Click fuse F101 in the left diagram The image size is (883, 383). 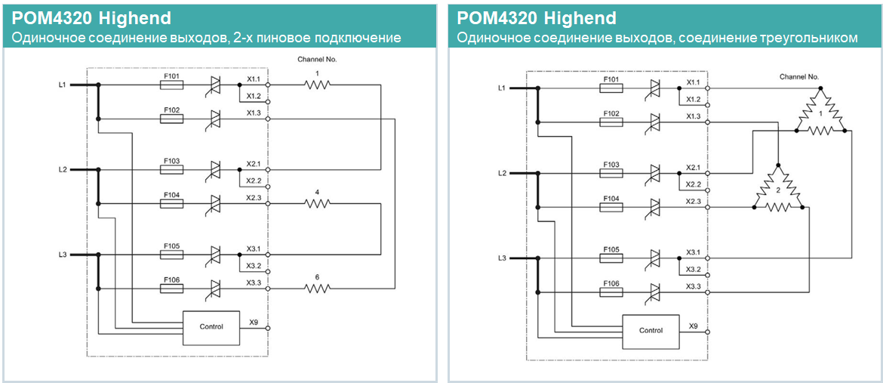171,85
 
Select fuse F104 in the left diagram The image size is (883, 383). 171,203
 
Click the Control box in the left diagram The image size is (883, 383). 211,327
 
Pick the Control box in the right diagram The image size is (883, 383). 651,331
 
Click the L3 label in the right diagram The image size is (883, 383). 503,258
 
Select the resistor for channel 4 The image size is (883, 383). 318,203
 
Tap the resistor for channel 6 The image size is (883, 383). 318,288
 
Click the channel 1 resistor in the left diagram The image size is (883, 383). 318,85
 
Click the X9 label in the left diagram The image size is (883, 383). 254,323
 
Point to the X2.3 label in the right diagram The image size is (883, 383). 693,201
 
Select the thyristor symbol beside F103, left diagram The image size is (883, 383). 215,170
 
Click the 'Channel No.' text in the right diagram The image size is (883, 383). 799,77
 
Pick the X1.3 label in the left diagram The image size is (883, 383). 253,113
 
